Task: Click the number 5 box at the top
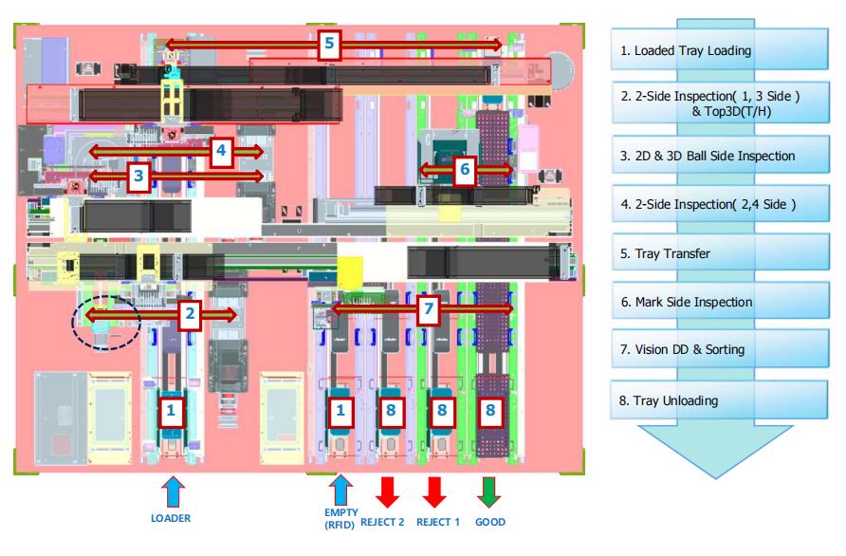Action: pos(328,44)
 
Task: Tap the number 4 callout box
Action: pos(220,150)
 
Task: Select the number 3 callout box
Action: pos(138,176)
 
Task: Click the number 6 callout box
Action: pos(463,170)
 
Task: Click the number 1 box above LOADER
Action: pos(171,410)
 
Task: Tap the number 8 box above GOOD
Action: pos(490,410)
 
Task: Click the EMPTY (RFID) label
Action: pos(340,518)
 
